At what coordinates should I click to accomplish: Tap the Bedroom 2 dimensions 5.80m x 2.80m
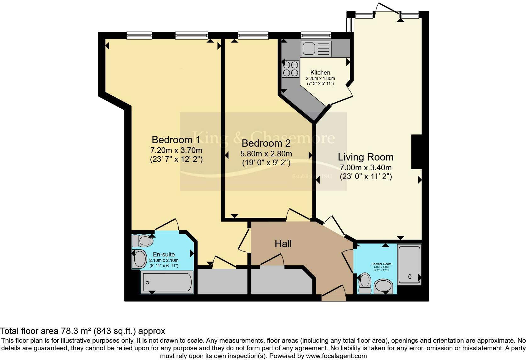click(266, 154)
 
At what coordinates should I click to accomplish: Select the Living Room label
click(366, 157)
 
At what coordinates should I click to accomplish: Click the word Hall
click(283, 243)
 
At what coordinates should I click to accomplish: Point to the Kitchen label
click(320, 72)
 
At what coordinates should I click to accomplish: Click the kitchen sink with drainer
click(316, 49)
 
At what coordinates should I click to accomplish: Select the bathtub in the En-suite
click(167, 282)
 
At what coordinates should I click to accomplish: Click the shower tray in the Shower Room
click(409, 265)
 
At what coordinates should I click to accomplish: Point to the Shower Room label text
click(381, 264)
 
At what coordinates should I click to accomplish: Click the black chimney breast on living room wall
click(416, 152)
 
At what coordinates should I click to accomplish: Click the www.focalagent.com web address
click(337, 356)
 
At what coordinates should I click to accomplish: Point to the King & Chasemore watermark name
click(263, 138)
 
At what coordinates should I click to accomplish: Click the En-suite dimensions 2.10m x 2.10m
click(164, 260)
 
